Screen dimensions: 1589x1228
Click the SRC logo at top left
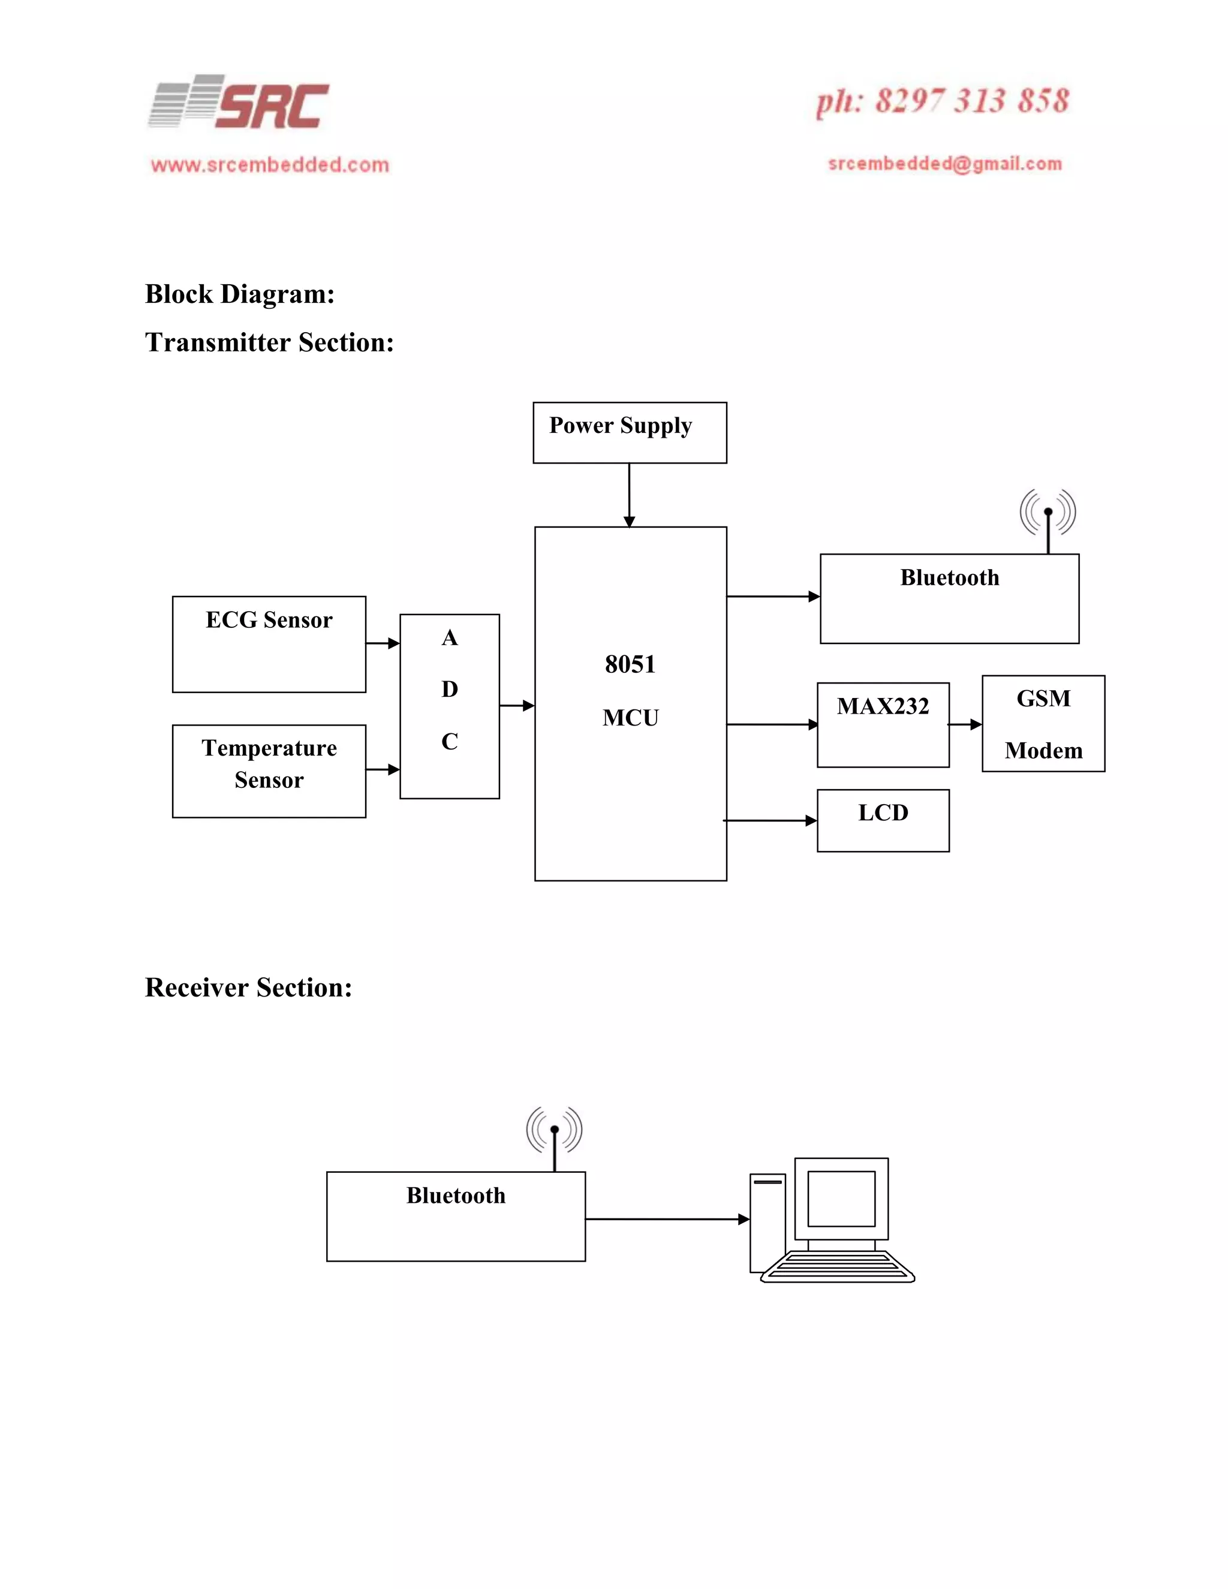click(239, 103)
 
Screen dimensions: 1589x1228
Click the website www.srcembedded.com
click(270, 165)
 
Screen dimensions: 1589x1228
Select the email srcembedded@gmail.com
click(944, 164)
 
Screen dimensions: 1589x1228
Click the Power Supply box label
click(620, 426)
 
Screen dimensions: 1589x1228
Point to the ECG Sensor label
click(269, 620)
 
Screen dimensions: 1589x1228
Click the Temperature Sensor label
click(269, 764)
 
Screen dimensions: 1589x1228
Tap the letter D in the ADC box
click(450, 689)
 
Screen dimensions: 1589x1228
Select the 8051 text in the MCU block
click(630, 664)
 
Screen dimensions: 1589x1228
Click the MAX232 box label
click(883, 706)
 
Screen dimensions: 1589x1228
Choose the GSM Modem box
click(1043, 724)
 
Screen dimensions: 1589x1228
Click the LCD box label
click(883, 812)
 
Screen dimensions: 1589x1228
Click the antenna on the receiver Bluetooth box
click(555, 1139)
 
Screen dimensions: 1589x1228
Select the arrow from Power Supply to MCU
click(629, 495)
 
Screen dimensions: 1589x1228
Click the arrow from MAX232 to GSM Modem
click(966, 725)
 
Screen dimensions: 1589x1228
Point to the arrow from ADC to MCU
click(517, 706)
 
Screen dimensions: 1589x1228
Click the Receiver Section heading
click(248, 988)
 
